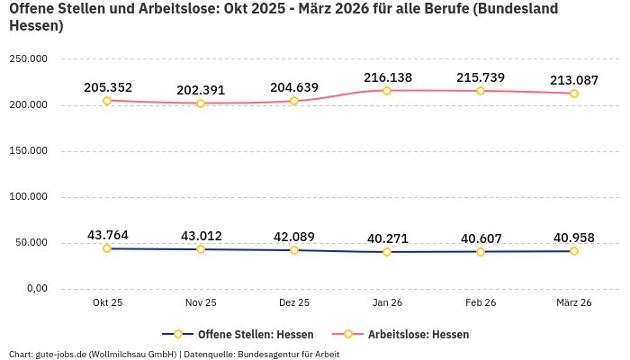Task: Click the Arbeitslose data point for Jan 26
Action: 387,91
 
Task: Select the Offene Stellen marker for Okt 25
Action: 107,248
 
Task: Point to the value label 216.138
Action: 388,77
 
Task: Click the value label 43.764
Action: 108,235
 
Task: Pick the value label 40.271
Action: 388,238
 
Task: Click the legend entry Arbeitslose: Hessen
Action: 409,334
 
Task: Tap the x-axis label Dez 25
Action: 294,302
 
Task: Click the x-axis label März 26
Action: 574,302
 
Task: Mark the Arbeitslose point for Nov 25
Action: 201,103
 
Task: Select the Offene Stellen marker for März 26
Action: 574,251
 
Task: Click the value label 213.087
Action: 574,80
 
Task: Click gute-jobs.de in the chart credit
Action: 61,354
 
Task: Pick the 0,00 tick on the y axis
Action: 35,288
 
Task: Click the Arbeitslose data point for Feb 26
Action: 481,91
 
